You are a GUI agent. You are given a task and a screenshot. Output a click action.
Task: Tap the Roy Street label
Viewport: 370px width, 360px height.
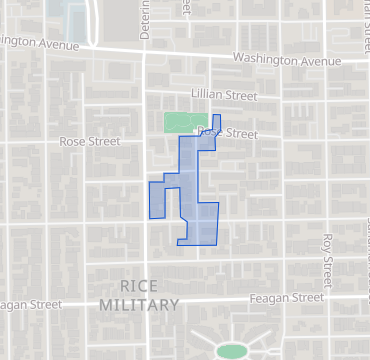coord(326,256)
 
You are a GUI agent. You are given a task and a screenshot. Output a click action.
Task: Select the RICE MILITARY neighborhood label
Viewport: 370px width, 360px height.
coord(140,295)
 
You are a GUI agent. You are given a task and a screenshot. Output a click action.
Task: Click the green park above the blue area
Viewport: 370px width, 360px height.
coord(179,122)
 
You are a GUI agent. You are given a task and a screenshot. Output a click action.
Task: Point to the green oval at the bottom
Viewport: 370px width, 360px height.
coord(231,351)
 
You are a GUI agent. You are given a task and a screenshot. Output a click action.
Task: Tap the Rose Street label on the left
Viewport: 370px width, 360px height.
coord(83,142)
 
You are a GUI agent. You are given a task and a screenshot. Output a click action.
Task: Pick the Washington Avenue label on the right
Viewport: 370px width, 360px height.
coord(287,60)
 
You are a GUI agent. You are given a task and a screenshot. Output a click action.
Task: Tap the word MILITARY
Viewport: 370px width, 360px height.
coord(140,305)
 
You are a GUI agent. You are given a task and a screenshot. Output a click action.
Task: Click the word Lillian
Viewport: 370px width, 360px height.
coord(213,95)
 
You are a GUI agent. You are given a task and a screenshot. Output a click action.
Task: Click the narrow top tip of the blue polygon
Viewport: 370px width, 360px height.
coord(217,121)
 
